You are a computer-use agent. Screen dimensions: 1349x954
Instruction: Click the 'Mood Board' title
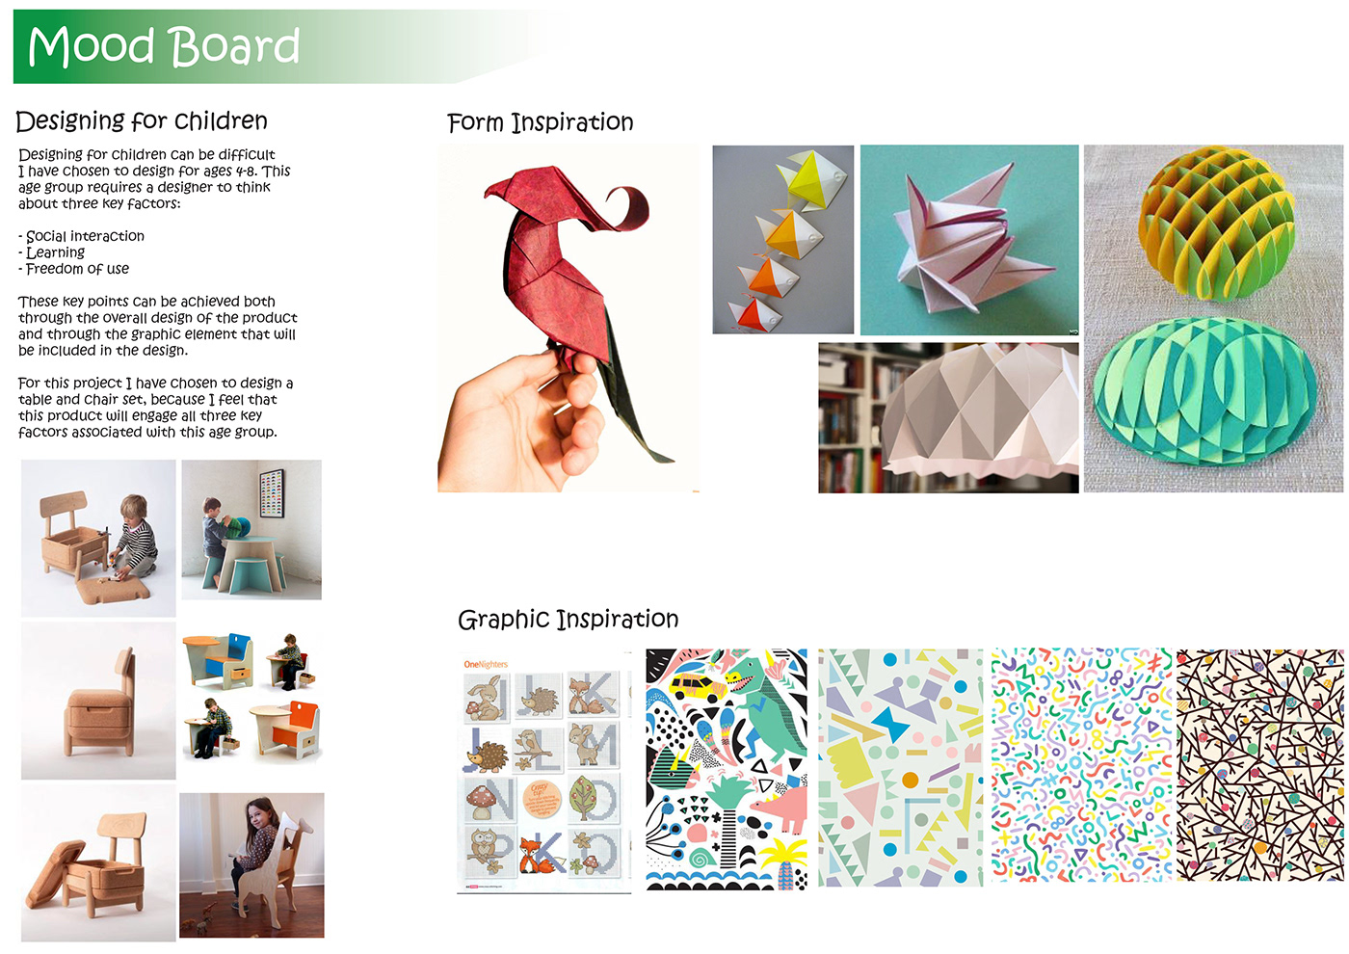[163, 46]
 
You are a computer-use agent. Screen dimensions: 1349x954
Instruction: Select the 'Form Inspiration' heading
[541, 122]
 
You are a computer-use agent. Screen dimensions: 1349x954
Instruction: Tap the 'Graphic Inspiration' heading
[568, 620]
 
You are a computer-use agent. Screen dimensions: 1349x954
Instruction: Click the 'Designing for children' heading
[141, 121]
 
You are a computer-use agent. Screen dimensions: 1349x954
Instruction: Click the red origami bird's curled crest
[629, 208]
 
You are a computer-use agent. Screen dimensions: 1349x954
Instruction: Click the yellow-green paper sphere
[1215, 224]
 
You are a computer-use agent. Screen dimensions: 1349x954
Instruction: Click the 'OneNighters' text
[486, 664]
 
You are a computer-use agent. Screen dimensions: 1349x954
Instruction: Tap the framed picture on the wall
[271, 492]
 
